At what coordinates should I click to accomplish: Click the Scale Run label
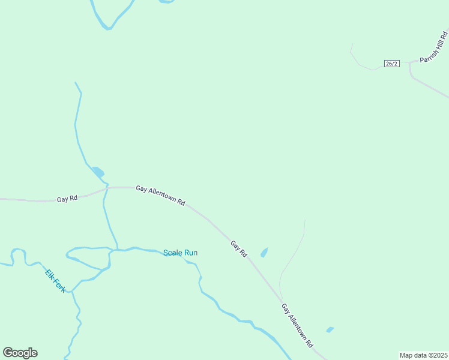(180, 253)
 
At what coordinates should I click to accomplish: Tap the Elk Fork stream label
(55, 281)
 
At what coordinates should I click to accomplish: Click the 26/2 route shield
(391, 64)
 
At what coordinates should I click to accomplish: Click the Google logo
(20, 353)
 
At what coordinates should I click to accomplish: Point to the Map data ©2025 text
(423, 355)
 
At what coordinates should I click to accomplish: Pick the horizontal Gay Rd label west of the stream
(67, 199)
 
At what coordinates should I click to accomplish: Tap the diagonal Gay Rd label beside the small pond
(239, 248)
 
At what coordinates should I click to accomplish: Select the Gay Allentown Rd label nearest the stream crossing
(160, 196)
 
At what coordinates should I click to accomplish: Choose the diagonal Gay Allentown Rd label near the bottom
(297, 325)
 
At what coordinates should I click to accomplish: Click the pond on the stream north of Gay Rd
(98, 172)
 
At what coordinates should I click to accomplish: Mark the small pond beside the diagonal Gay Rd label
(264, 253)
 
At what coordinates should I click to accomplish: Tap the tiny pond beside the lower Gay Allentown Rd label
(330, 329)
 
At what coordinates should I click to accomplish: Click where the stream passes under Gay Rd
(107, 188)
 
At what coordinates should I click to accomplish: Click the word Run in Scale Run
(191, 253)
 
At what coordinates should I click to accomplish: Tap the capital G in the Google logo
(8, 352)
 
